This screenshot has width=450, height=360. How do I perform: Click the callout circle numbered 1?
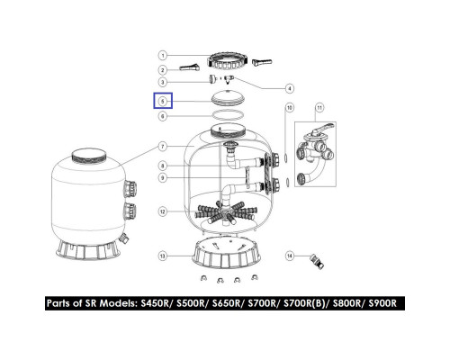162,56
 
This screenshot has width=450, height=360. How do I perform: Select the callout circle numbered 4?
289,88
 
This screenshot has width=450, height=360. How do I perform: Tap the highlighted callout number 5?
163,101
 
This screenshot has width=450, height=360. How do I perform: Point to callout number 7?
162,147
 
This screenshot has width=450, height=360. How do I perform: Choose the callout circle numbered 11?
319,107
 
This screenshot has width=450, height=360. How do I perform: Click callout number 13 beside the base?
162,256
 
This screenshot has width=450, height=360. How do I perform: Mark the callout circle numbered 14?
289,256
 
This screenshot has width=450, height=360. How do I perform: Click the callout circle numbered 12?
162,211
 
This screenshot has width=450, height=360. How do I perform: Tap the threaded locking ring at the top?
228,62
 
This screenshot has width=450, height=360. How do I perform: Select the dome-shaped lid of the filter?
229,98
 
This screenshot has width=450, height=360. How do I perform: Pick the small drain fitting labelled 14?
317,261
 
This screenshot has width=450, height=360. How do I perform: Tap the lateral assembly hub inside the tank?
224,213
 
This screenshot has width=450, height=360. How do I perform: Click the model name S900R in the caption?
382,303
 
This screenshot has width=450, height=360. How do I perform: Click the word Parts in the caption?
59,303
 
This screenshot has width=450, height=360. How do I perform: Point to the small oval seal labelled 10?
286,157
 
